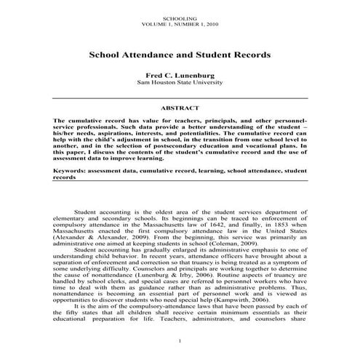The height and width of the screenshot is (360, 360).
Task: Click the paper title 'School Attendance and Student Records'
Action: pyautogui.click(x=180, y=55)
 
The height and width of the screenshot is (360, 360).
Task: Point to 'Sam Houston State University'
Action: pyautogui.click(x=180, y=84)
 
